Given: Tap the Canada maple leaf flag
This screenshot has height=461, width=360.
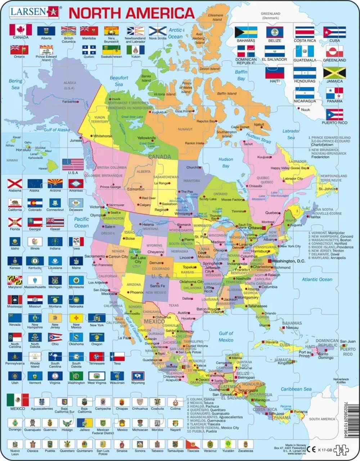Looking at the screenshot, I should click(21, 30).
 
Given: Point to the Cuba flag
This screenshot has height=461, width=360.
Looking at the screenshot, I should click(334, 32).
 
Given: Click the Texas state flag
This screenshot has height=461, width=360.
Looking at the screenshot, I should click(117, 356).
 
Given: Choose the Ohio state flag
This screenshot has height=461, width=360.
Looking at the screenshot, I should click(55, 337).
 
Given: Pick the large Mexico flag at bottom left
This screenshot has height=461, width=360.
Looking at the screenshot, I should click(18, 400).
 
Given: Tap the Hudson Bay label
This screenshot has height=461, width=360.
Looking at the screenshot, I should click(226, 162).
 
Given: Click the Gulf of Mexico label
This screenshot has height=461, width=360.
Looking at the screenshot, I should click(226, 336).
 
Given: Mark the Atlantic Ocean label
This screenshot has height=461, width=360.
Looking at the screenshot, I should click(317, 279).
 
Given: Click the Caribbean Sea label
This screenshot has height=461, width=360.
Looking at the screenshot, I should click(297, 389).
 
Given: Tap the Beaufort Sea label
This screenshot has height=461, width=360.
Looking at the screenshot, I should click(119, 81).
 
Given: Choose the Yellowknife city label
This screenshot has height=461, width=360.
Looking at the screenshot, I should click(147, 138).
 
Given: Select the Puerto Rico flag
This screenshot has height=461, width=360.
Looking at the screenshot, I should click(334, 114).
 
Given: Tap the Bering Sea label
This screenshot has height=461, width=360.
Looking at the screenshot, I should click(15, 84).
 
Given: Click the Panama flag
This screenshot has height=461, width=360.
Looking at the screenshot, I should click(334, 93).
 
